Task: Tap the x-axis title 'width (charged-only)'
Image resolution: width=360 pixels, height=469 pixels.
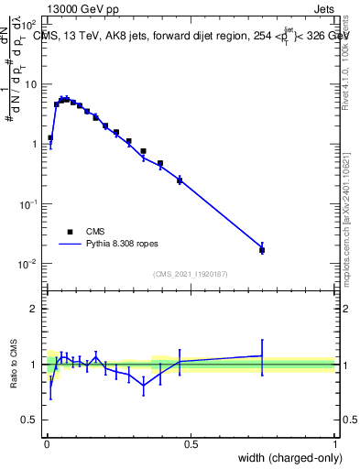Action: click(284, 457)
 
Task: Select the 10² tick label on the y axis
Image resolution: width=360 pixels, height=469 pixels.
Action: click(30, 25)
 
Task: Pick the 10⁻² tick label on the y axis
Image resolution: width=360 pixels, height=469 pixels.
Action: click(30, 264)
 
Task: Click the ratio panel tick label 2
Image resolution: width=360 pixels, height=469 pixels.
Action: click(35, 309)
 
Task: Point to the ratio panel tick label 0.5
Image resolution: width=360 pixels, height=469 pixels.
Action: click(31, 420)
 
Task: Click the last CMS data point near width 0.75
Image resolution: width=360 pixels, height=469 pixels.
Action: click(262, 250)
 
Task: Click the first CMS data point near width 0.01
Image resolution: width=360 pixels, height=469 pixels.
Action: click(50, 138)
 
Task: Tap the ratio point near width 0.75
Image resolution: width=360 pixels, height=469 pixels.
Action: click(262, 355)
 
